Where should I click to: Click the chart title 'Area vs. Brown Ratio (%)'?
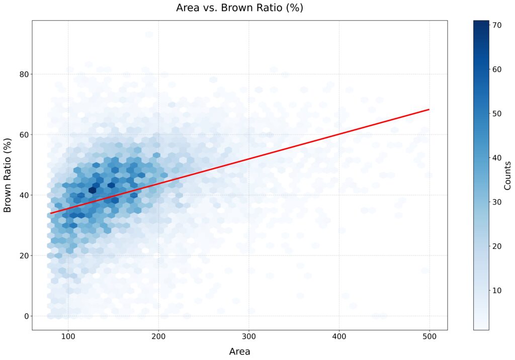click(x=239, y=8)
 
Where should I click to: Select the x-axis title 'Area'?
click(x=239, y=351)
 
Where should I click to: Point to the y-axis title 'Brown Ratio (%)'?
click(x=8, y=174)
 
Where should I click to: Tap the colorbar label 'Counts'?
click(x=507, y=175)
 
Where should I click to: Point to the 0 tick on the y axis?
click(x=23, y=316)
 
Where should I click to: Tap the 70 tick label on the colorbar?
click(x=499, y=25)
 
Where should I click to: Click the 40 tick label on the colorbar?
click(x=499, y=157)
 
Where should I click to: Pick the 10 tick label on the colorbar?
click(x=499, y=290)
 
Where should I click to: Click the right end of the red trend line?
click(x=429, y=109)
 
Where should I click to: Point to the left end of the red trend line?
click(x=50, y=213)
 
